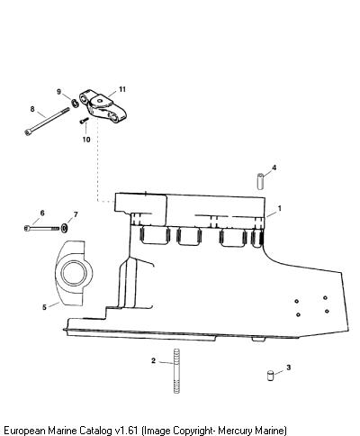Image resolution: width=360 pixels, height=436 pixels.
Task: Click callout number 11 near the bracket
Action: click(121, 89)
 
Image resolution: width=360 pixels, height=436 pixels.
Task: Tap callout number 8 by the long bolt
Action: click(32, 109)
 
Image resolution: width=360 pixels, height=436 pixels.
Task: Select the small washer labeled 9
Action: click(75, 103)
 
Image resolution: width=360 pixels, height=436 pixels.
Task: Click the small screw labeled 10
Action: click(85, 120)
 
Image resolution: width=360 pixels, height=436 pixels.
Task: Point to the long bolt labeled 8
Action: click(47, 122)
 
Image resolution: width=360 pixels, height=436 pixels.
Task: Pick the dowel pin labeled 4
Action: click(260, 181)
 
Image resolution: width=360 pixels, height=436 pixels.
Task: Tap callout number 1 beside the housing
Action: click(280, 208)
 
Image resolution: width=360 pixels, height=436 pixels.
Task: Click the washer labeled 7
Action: click(64, 228)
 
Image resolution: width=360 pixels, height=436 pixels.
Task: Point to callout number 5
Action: click(44, 307)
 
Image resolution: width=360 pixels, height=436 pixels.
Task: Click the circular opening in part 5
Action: click(74, 273)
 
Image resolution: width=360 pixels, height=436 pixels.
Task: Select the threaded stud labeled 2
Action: click(176, 370)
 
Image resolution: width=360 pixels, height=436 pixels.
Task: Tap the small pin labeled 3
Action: click(270, 376)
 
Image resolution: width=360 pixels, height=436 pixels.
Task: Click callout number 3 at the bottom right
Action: click(289, 368)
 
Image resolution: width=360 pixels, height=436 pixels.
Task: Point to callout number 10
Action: click(86, 140)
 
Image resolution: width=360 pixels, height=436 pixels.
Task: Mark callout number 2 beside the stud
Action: click(153, 360)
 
